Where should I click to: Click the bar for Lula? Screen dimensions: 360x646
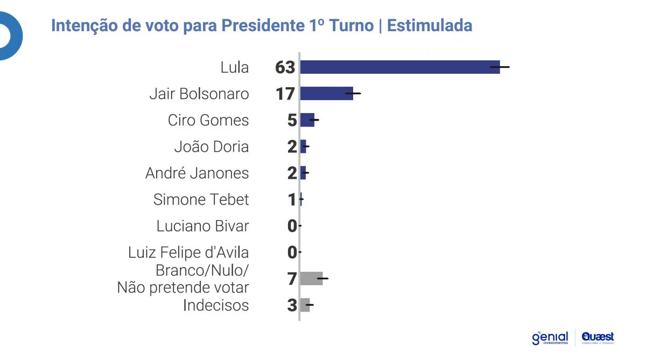click(399, 67)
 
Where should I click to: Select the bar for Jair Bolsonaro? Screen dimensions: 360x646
click(326, 94)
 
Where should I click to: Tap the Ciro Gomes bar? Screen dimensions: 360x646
click(307, 120)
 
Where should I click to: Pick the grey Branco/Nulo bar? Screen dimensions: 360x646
click(311, 278)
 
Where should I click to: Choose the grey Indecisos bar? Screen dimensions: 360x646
click(305, 305)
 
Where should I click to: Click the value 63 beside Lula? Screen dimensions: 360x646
click(285, 67)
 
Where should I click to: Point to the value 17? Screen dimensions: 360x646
click(285, 94)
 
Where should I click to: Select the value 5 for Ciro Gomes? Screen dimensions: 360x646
click(292, 120)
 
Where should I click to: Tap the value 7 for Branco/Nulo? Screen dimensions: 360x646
click(292, 279)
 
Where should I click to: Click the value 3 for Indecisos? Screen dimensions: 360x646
click(292, 306)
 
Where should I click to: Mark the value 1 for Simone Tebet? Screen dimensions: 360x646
click(292, 200)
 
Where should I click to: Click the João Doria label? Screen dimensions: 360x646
click(212, 146)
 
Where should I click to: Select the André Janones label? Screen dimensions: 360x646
click(197, 173)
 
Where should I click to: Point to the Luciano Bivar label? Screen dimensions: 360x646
click(202, 226)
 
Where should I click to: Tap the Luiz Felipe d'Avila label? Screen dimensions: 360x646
click(188, 252)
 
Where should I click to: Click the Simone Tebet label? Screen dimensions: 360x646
click(201, 200)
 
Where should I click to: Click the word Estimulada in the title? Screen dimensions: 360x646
click(429, 25)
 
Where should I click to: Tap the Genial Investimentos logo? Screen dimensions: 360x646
click(550, 338)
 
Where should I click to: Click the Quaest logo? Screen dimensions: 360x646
click(598, 337)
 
